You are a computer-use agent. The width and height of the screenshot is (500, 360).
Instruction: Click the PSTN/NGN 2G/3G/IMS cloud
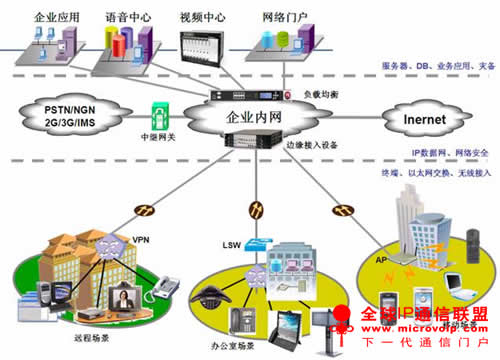(x=59, y=116)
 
